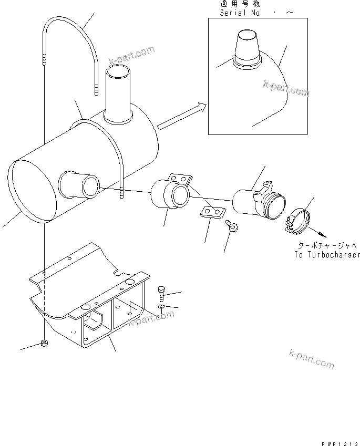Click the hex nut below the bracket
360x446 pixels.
coord(45,344)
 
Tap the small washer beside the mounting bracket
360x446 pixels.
coord(161,307)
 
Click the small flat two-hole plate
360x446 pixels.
coord(212,212)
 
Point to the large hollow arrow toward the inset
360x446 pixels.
coord(182,117)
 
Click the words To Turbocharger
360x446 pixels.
coord(327,255)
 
